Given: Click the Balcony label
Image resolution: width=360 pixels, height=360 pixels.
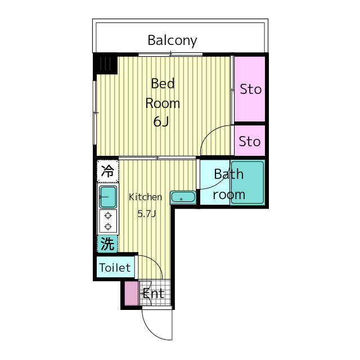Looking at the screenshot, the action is tap(172, 40).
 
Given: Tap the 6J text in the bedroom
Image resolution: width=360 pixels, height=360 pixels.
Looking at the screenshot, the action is tap(162, 121).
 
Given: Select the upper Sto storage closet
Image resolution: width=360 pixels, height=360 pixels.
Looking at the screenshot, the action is tap(250, 89).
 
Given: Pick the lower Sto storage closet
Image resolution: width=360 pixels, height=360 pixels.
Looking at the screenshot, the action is tap(250, 141).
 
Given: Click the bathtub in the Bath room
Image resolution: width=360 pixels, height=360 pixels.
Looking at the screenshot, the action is tap(246, 183).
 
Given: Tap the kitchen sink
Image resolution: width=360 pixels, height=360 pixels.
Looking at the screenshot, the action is tap(107, 197).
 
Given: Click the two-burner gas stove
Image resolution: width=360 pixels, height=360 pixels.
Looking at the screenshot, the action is tap(107, 221).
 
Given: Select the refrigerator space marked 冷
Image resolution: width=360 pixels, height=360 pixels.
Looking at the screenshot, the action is tap(107, 171).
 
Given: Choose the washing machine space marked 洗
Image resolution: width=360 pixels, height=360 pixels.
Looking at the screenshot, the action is tap(107, 244).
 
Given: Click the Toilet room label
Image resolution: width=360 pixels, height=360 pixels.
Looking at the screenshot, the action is tap(115, 268).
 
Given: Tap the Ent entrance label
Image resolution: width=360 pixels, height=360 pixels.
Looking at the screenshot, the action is tap(153, 293).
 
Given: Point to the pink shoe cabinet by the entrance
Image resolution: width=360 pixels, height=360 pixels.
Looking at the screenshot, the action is tap(131, 293).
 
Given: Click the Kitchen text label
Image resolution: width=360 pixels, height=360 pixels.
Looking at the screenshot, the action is tap(146, 197).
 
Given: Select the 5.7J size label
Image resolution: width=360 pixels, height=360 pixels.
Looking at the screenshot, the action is tap(146, 213).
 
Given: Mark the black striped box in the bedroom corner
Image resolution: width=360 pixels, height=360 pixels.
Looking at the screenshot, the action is tap(105, 64).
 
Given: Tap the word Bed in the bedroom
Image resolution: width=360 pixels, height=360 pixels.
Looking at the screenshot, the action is tap(163, 84).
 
